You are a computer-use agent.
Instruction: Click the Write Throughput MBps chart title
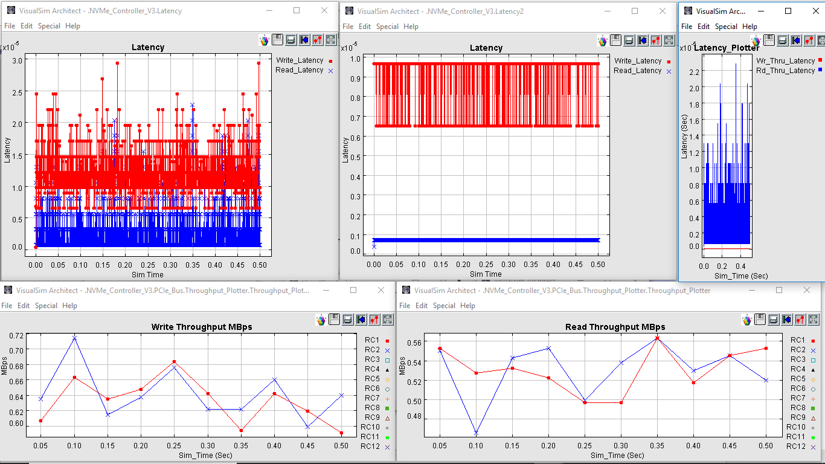click(x=201, y=327)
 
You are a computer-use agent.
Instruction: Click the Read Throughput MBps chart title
click(x=615, y=327)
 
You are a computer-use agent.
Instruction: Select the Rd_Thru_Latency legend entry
click(x=785, y=71)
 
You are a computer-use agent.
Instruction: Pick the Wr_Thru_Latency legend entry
click(x=785, y=61)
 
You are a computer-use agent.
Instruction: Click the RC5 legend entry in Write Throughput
click(x=372, y=379)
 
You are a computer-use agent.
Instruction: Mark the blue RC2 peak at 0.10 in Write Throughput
click(x=75, y=338)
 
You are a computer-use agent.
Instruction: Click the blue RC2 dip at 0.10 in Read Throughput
click(x=477, y=433)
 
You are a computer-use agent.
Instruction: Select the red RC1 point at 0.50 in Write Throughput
click(x=341, y=433)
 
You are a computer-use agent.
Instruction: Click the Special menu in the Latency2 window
click(x=387, y=27)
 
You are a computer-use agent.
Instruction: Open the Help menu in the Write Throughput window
click(x=70, y=306)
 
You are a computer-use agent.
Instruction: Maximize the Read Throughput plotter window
click(x=779, y=290)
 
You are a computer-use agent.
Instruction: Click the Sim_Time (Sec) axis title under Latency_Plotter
click(x=741, y=275)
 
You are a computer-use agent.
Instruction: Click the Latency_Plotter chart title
click(x=727, y=48)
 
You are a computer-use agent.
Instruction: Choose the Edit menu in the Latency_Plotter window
click(x=704, y=27)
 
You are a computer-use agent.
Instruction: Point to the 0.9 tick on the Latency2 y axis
click(x=355, y=79)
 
